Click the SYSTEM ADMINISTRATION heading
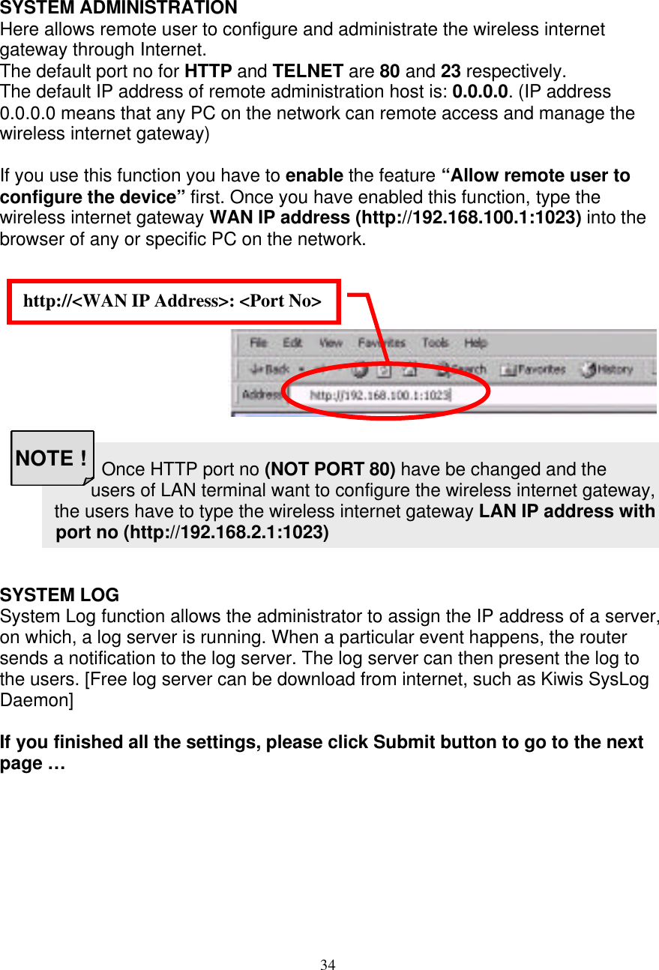(118, 8)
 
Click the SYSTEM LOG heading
(59, 595)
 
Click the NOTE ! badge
(51, 458)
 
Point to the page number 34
(328, 965)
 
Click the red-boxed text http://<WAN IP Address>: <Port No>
(172, 301)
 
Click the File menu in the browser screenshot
(258, 343)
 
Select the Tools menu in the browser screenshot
(435, 343)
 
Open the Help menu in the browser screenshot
(475, 343)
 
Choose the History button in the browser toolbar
(608, 369)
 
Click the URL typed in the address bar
(380, 394)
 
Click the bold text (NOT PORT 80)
(330, 470)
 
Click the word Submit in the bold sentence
(403, 742)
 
